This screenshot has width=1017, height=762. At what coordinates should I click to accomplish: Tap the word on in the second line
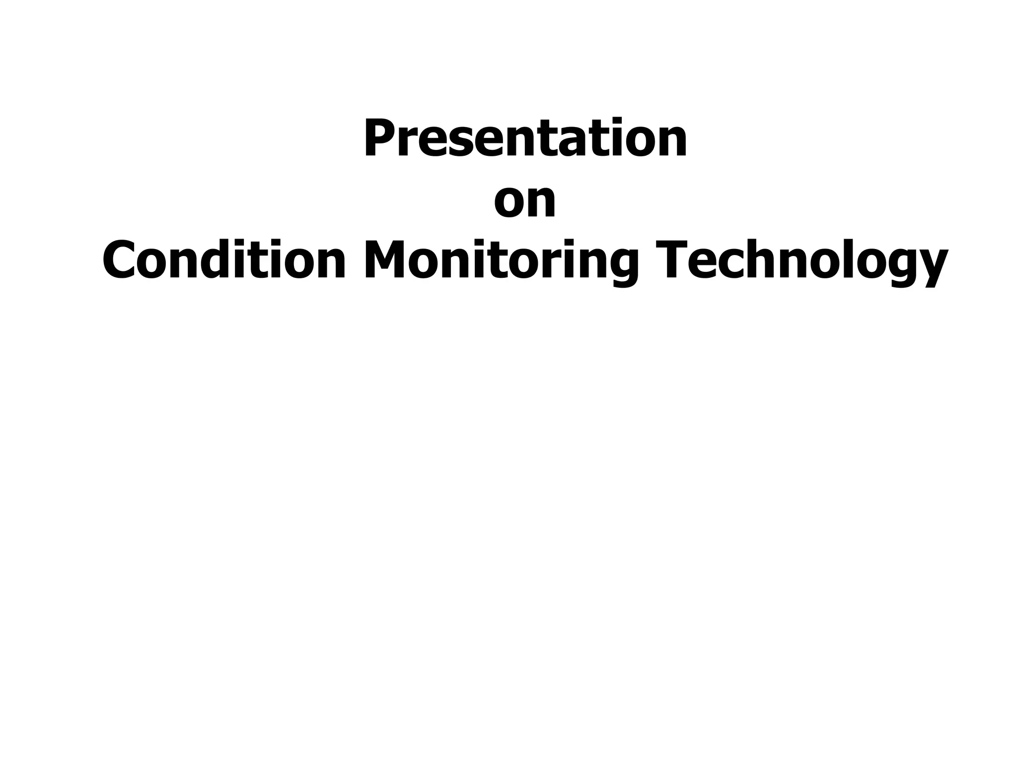click(525, 201)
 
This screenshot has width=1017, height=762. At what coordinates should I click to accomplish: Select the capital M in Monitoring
click(386, 260)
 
